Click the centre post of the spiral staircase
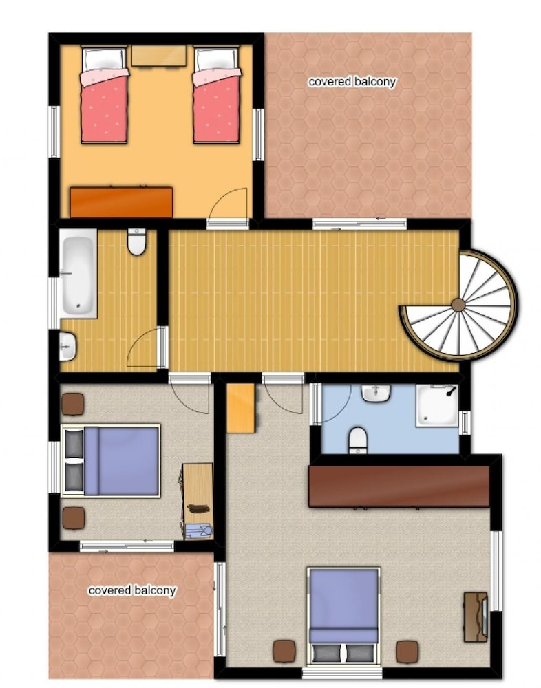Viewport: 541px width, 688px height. (x=458, y=305)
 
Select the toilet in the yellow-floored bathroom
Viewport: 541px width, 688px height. (x=137, y=241)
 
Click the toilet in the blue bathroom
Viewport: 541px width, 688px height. (x=359, y=440)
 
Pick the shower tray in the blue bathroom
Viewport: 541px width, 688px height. (x=437, y=405)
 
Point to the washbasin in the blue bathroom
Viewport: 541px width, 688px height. (x=376, y=393)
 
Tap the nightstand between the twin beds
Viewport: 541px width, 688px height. (x=159, y=56)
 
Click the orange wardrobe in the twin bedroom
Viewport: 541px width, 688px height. (x=121, y=202)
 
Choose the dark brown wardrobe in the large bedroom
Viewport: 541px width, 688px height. (x=399, y=486)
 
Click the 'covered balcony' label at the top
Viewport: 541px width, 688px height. (x=352, y=82)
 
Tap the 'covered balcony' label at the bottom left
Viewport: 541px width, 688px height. (x=132, y=590)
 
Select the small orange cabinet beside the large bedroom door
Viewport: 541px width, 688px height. (x=241, y=408)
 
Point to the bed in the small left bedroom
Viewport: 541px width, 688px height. (x=111, y=461)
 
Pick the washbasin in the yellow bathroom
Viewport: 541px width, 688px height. (x=67, y=346)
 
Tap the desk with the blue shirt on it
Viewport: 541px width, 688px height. (x=197, y=501)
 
